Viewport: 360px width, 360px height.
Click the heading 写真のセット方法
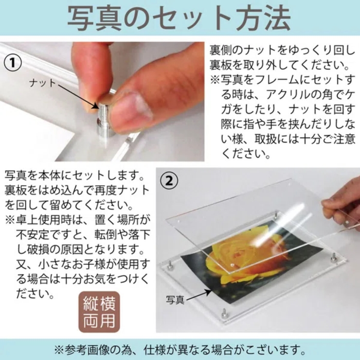tap(180, 18)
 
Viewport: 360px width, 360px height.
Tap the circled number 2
tap(169, 181)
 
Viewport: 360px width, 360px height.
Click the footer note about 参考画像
tap(180, 349)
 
